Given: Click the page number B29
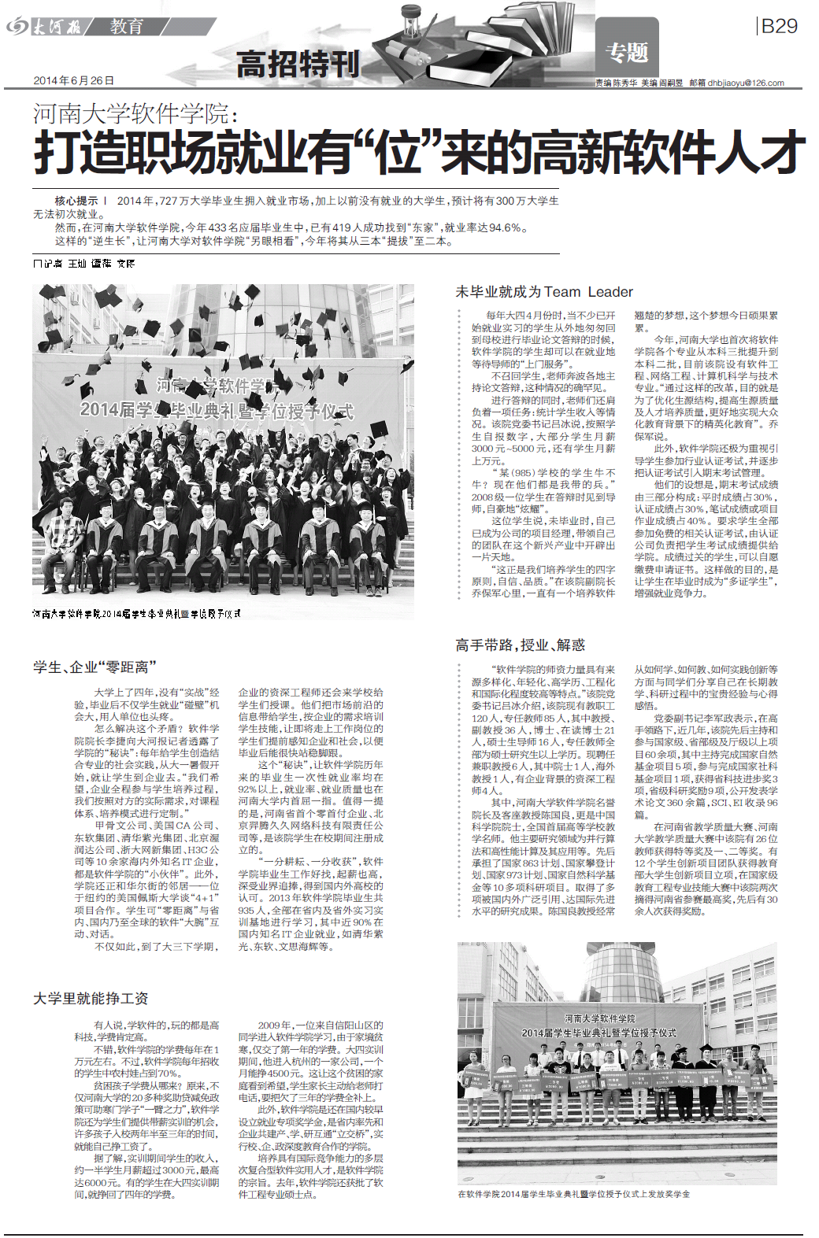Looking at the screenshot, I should click(779, 27).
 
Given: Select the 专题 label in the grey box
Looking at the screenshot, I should click(627, 53).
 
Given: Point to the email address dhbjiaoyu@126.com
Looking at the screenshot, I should click(745, 83).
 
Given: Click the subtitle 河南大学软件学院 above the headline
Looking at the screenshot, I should click(135, 114).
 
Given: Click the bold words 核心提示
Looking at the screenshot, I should click(76, 201).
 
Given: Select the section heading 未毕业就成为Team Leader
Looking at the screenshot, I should click(543, 292).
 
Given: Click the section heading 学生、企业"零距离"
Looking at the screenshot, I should click(94, 667).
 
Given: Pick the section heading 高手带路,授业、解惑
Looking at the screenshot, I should click(520, 645).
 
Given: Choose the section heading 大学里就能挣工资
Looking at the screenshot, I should click(91, 998).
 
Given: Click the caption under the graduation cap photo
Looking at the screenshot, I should click(136, 613).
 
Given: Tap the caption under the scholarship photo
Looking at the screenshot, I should click(573, 1194).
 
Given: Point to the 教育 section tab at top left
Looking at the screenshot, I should click(127, 27).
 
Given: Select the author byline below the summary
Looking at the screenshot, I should click(83, 263).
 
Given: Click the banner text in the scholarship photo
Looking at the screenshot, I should click(598, 1026).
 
